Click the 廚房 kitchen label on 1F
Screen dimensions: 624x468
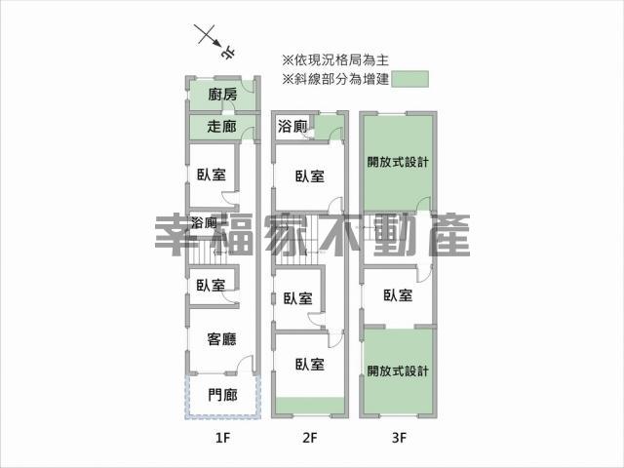(x=222, y=95)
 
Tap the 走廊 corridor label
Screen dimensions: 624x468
(x=221, y=127)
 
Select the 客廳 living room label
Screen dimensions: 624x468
(x=221, y=339)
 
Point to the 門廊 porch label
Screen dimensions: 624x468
(x=222, y=395)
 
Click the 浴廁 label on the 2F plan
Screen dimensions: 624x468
(x=292, y=127)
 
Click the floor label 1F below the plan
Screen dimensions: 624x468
(x=222, y=438)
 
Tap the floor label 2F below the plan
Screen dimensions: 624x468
(x=310, y=438)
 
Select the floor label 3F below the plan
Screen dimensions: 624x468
(x=399, y=438)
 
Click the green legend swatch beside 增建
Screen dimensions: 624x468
(x=409, y=79)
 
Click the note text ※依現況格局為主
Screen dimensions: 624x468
(x=335, y=60)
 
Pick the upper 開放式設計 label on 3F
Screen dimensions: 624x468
(x=398, y=162)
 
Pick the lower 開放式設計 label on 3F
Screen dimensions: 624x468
(x=398, y=370)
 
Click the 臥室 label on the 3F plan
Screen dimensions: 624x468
(x=398, y=295)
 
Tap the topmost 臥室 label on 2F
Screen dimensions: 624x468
(x=310, y=176)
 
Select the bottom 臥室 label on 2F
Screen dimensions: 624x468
(x=310, y=364)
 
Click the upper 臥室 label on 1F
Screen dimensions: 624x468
(x=212, y=175)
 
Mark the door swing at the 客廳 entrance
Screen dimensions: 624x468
(x=246, y=364)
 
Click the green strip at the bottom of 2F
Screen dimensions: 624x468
(x=310, y=406)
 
